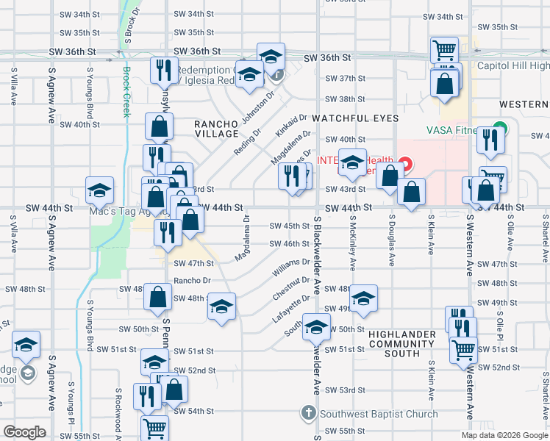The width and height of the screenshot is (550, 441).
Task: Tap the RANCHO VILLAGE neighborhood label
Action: point(217,129)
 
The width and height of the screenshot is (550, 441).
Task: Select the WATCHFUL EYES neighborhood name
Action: point(355,118)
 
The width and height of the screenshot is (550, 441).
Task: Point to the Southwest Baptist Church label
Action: point(379,415)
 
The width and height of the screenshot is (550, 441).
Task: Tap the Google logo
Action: point(24,432)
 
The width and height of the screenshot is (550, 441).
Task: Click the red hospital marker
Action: point(405,164)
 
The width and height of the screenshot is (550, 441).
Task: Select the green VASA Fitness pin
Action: point(500,127)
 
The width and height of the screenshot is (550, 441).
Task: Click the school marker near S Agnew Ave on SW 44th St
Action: point(99,192)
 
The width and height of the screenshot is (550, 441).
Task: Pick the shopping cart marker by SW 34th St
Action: point(444,50)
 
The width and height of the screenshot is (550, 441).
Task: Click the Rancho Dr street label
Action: point(193,280)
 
